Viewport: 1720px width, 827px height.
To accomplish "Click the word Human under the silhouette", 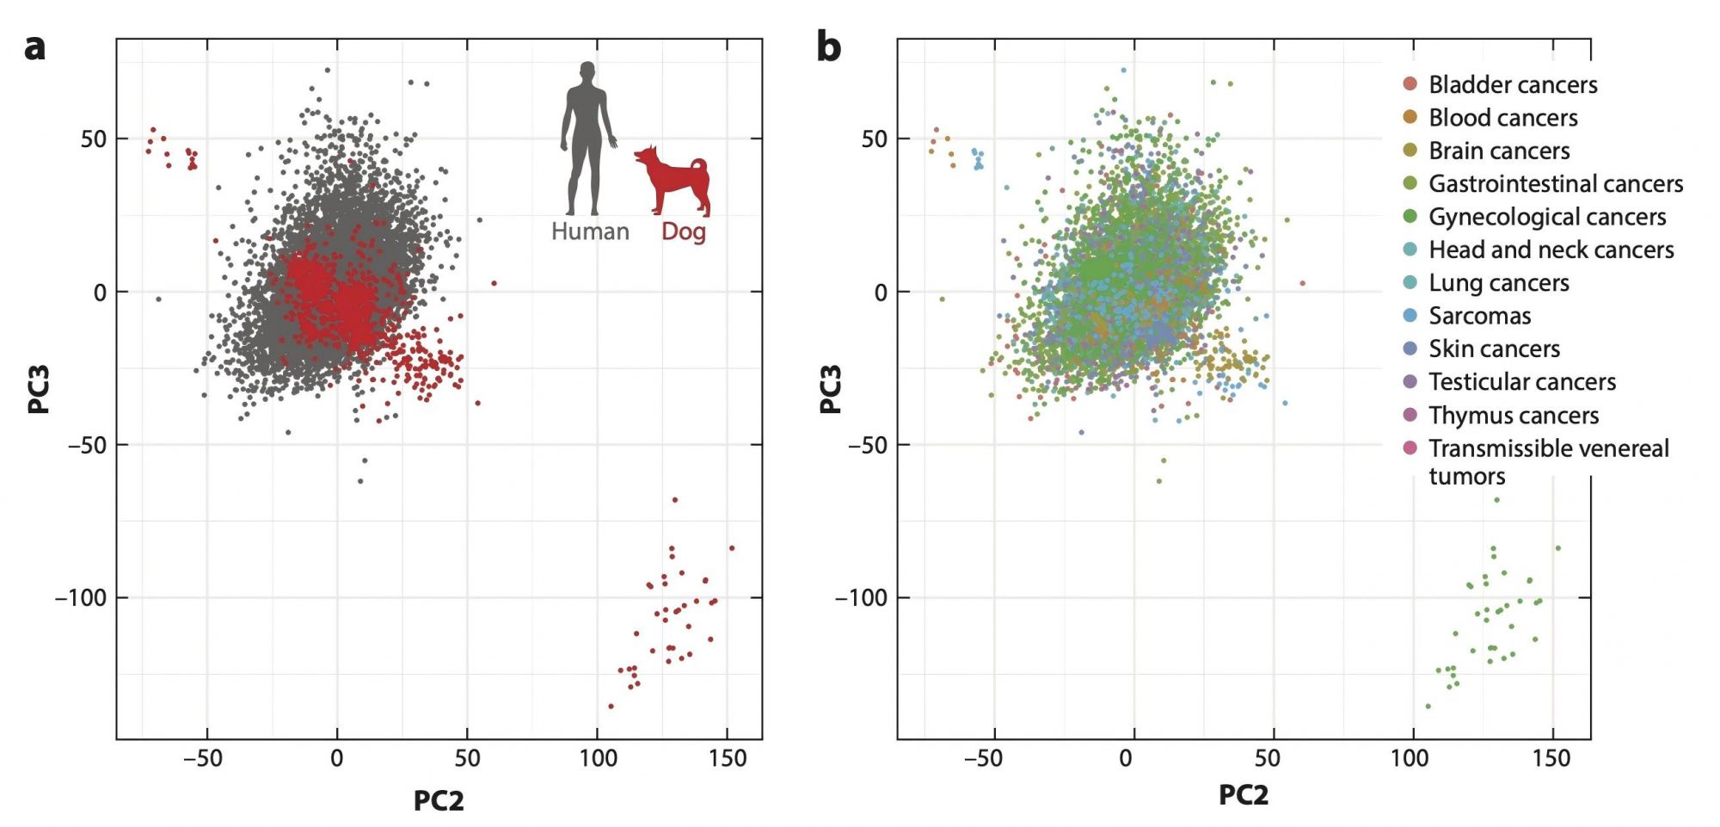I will pos(590,231).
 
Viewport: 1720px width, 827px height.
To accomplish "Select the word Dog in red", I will pos(683,231).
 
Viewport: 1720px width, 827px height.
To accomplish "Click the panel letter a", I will pos(34,46).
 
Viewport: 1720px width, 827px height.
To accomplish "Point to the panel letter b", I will pos(828,46).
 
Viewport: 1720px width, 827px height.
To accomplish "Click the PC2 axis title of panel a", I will pos(439,800).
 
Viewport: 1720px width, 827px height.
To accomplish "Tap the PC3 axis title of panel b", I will pos(830,389).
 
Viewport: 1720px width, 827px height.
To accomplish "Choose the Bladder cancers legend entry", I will pos(1512,84).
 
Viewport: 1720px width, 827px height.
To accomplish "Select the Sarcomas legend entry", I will pos(1479,316).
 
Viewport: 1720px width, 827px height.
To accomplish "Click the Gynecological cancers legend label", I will pos(1546,217).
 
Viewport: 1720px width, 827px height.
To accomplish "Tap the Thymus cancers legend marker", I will pos(1410,415).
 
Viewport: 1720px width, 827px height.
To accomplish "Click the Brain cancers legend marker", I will pos(1410,151).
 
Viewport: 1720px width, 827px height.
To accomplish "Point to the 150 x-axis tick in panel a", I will pos(728,758).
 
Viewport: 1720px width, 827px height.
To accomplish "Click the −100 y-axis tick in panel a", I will pos(82,597).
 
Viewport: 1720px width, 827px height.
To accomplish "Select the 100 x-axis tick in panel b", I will pos(1410,758).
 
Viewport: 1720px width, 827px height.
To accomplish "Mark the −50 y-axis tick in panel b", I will pos(867,445).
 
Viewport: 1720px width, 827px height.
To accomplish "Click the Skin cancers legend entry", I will pos(1494,349).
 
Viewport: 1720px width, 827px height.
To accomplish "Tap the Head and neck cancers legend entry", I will pos(1551,250).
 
